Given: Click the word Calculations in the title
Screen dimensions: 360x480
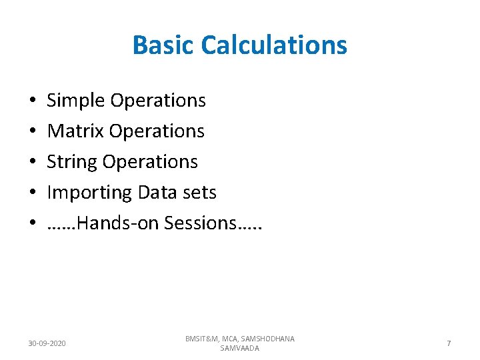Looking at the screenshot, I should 273,45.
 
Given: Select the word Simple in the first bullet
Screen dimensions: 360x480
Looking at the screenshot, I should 76,101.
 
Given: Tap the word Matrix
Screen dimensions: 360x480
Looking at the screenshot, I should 75,131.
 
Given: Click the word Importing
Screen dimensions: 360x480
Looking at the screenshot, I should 89,193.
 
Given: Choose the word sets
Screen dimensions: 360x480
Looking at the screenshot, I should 199,193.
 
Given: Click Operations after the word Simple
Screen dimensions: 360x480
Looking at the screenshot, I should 158,101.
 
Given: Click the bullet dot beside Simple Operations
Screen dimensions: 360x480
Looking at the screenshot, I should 33,101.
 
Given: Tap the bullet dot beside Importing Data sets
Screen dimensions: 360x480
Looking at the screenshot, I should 33,193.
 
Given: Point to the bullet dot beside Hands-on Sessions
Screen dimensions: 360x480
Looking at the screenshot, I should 33,224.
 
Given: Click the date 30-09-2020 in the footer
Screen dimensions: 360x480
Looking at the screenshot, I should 47,343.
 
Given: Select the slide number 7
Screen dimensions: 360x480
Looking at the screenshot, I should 449,343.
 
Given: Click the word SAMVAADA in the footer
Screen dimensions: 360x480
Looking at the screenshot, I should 239,349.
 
